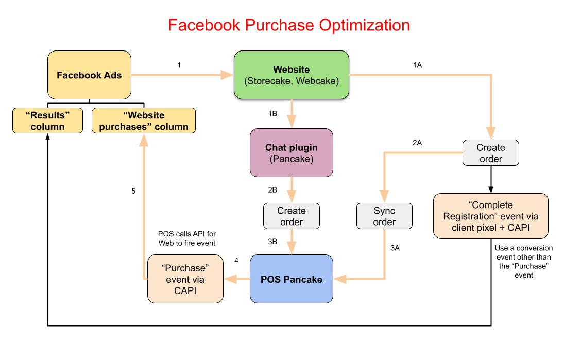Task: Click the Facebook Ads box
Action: [89, 75]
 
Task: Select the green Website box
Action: [292, 75]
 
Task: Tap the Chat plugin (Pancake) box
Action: [292, 153]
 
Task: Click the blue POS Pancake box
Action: [292, 279]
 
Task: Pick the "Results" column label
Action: [47, 121]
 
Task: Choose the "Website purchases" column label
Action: [144, 121]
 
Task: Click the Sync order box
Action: [384, 216]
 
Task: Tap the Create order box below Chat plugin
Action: [292, 216]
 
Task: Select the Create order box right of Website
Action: [490, 153]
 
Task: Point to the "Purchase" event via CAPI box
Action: [185, 279]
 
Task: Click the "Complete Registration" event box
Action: [490, 216]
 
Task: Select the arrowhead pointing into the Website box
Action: [227, 75]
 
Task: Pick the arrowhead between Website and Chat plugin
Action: [292, 122]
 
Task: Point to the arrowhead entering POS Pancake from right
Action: [340, 279]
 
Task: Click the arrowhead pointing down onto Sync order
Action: [384, 197]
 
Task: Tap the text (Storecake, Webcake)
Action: [292, 81]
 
